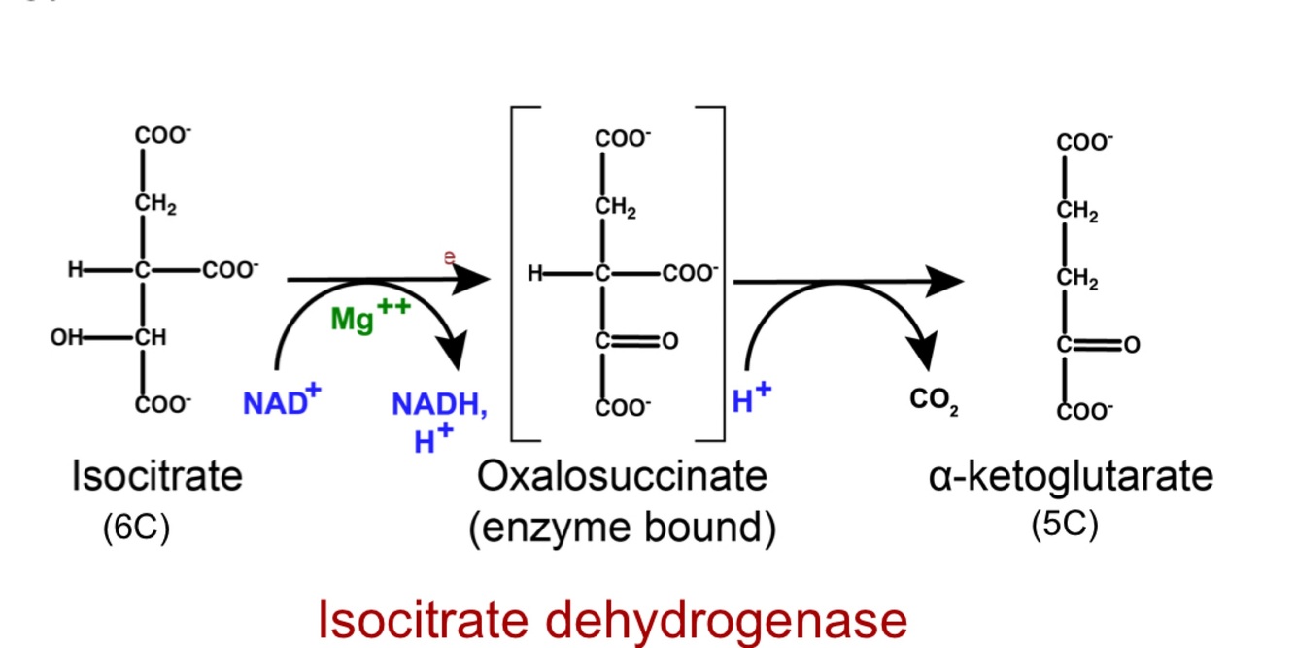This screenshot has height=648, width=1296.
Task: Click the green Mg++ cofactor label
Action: pos(370,316)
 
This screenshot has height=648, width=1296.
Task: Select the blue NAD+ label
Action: pos(282,401)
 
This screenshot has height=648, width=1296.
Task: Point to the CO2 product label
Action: pos(934,400)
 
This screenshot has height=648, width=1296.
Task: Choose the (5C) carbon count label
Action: pos(1065,525)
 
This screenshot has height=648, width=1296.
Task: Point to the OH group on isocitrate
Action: pos(65,338)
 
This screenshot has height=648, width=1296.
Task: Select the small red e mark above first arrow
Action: pos(450,256)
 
